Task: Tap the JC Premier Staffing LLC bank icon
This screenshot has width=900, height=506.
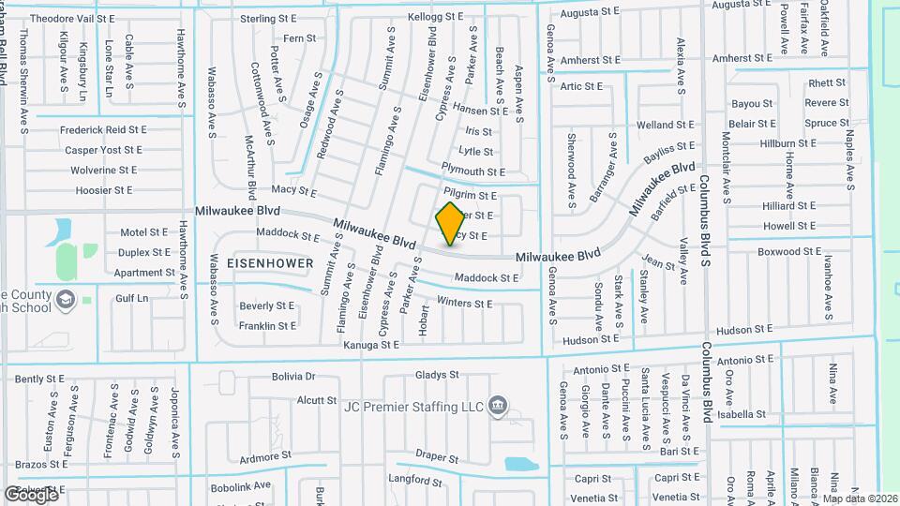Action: coord(499,407)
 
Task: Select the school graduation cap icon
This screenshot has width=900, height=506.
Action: coord(66,299)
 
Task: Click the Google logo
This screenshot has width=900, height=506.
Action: coord(31,495)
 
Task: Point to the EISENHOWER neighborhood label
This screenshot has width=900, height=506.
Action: coord(270,263)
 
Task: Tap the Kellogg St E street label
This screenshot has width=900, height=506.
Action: coord(436,17)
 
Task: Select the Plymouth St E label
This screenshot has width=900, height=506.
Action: coord(473,172)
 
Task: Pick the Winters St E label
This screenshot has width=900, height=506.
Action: coord(464,304)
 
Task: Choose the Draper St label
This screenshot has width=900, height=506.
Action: coord(435,455)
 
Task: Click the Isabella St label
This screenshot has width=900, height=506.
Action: coord(742,414)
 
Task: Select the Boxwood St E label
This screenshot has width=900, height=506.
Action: coord(789,252)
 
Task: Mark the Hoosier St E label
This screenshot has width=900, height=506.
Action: coord(104,190)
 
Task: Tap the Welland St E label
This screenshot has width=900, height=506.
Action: coord(667,125)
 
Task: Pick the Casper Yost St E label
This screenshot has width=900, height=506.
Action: coord(104,150)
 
